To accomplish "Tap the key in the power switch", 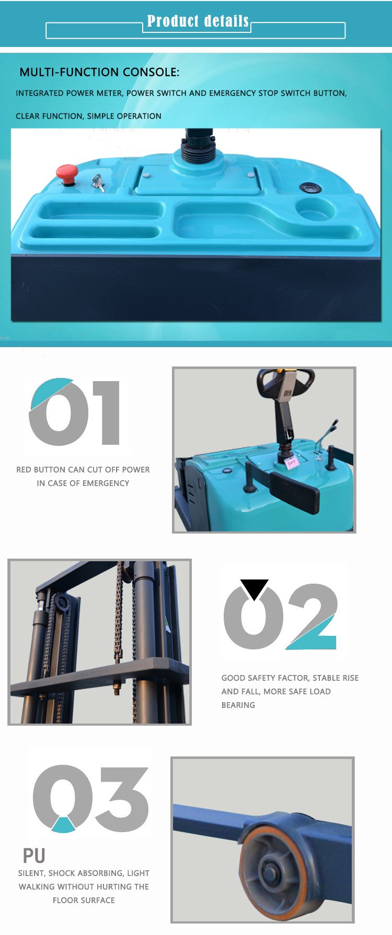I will point(98,182).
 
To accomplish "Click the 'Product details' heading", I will point(198,21).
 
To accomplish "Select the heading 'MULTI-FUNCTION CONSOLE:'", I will point(99,72).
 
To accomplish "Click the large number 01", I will point(75,412).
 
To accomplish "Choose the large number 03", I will point(91,799).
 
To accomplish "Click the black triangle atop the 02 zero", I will point(255,589).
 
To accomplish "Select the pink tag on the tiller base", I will point(291,461).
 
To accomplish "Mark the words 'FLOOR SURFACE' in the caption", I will point(84,901).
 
